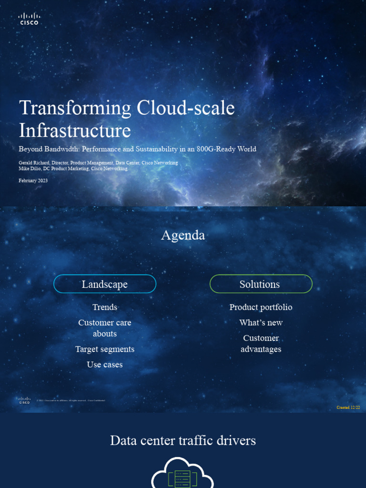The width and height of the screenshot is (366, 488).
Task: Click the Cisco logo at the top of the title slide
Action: tap(29, 19)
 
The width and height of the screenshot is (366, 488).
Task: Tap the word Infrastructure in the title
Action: tap(75, 131)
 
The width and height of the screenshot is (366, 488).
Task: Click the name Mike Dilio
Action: tap(29, 169)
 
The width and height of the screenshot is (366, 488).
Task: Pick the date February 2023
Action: tap(33, 181)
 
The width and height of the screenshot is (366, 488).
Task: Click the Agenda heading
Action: tap(183, 235)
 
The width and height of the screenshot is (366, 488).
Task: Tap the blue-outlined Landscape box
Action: tap(105, 284)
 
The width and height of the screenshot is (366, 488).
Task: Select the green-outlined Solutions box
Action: tap(261, 284)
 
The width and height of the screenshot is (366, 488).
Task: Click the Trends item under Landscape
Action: tap(105, 307)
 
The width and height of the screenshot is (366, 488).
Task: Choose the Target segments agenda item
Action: tap(105, 349)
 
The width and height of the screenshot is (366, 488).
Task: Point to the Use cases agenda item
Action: tap(105, 365)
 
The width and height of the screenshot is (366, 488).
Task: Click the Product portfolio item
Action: tap(261, 307)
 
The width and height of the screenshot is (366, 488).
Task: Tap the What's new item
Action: tap(261, 323)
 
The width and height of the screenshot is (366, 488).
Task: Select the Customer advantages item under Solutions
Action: tap(261, 344)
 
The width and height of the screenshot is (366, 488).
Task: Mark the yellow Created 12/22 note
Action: tap(348, 407)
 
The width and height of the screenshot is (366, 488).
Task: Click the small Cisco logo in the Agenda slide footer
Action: tap(24, 400)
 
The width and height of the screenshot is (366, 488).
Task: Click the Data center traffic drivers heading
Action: tap(183, 440)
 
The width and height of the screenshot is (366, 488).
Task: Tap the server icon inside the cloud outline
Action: tap(183, 478)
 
